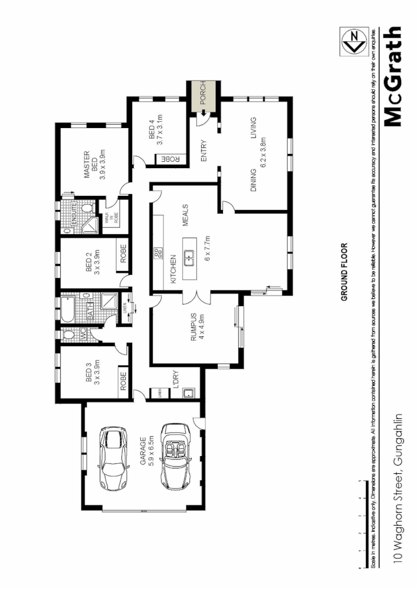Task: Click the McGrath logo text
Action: point(393,77)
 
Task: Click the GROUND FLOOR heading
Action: point(345,272)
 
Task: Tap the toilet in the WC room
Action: point(68,335)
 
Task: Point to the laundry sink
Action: point(188,393)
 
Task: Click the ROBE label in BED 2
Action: point(124,254)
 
